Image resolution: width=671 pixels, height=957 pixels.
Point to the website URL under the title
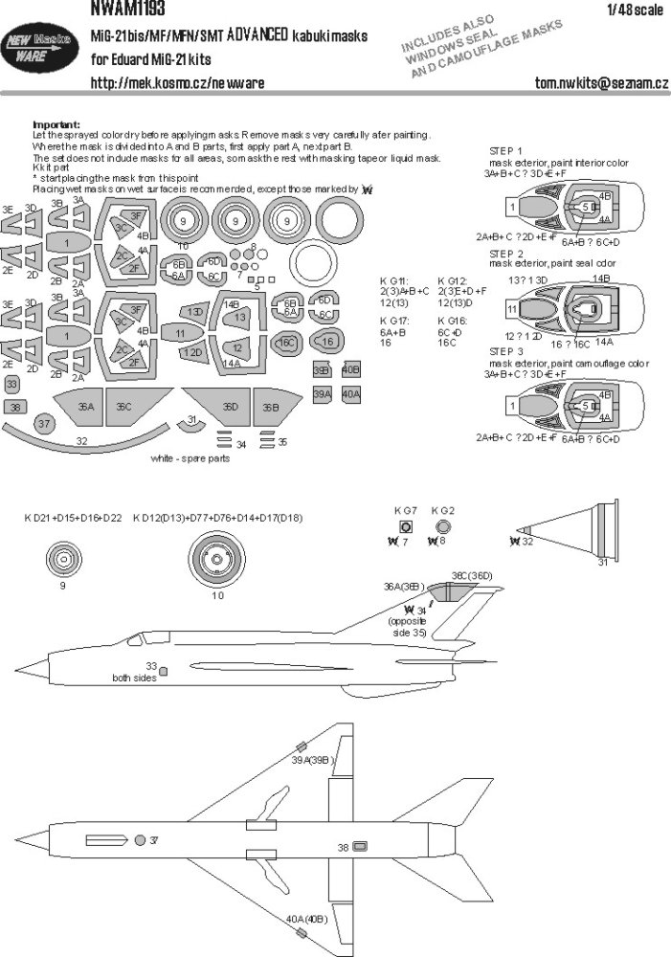tap(169, 83)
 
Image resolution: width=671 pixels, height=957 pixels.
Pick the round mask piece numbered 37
tap(45, 424)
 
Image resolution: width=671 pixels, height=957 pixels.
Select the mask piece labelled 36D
tap(231, 406)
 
